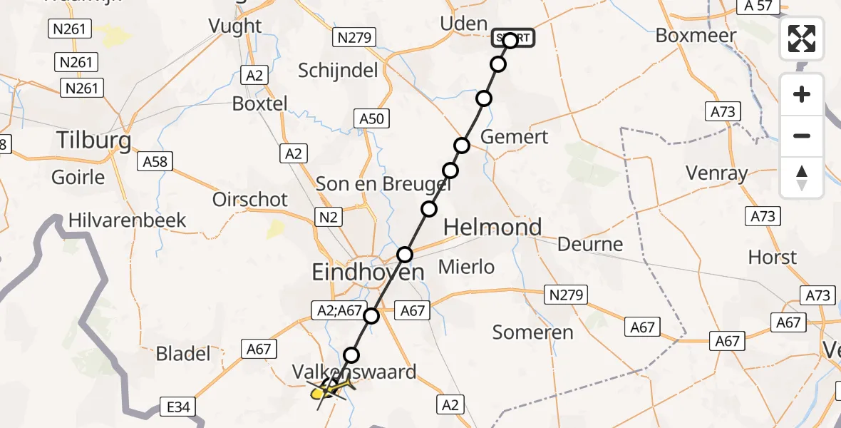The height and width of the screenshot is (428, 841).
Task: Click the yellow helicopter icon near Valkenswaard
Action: (x=330, y=389)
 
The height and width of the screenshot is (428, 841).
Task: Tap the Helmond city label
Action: (x=492, y=228)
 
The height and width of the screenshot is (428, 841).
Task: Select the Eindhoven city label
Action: (x=368, y=272)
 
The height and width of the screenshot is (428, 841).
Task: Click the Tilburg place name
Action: (x=94, y=141)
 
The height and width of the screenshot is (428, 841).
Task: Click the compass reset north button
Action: (x=802, y=178)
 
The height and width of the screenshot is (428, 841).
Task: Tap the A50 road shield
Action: (x=371, y=119)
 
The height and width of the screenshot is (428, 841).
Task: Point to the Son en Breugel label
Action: (x=383, y=184)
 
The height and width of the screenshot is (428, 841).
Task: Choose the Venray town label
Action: (x=716, y=173)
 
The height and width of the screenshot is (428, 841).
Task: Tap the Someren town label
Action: (x=533, y=332)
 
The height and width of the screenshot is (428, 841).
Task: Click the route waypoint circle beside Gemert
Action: (x=462, y=146)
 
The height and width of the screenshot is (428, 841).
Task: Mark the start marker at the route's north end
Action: (x=511, y=39)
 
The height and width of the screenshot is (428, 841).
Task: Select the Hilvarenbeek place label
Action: (x=128, y=220)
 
